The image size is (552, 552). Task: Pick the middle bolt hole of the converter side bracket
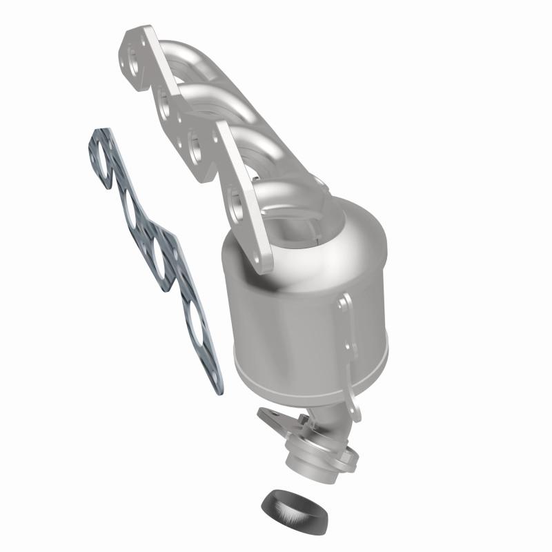click(x=350, y=358)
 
